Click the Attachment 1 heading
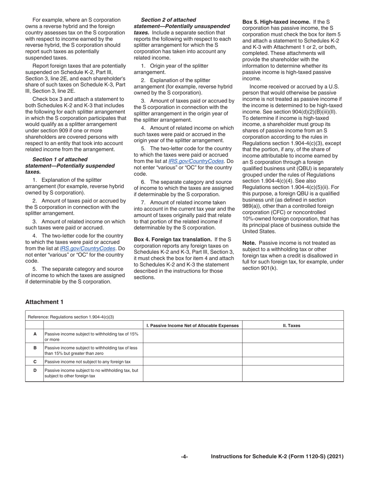coord(44,302)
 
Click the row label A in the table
coord(35,334)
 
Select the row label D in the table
coord(35,370)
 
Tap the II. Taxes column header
coord(291,326)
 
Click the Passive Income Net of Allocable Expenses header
coord(192,326)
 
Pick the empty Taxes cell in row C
coord(293,361)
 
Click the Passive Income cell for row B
coord(192,350)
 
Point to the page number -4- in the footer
coord(184,457)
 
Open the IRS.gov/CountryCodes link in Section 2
coord(196,161)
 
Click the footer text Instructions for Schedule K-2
coord(277,457)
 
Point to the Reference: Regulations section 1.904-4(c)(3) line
coord(71,317)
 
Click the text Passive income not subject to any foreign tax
coord(87,361)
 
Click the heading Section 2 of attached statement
coord(182,23)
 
